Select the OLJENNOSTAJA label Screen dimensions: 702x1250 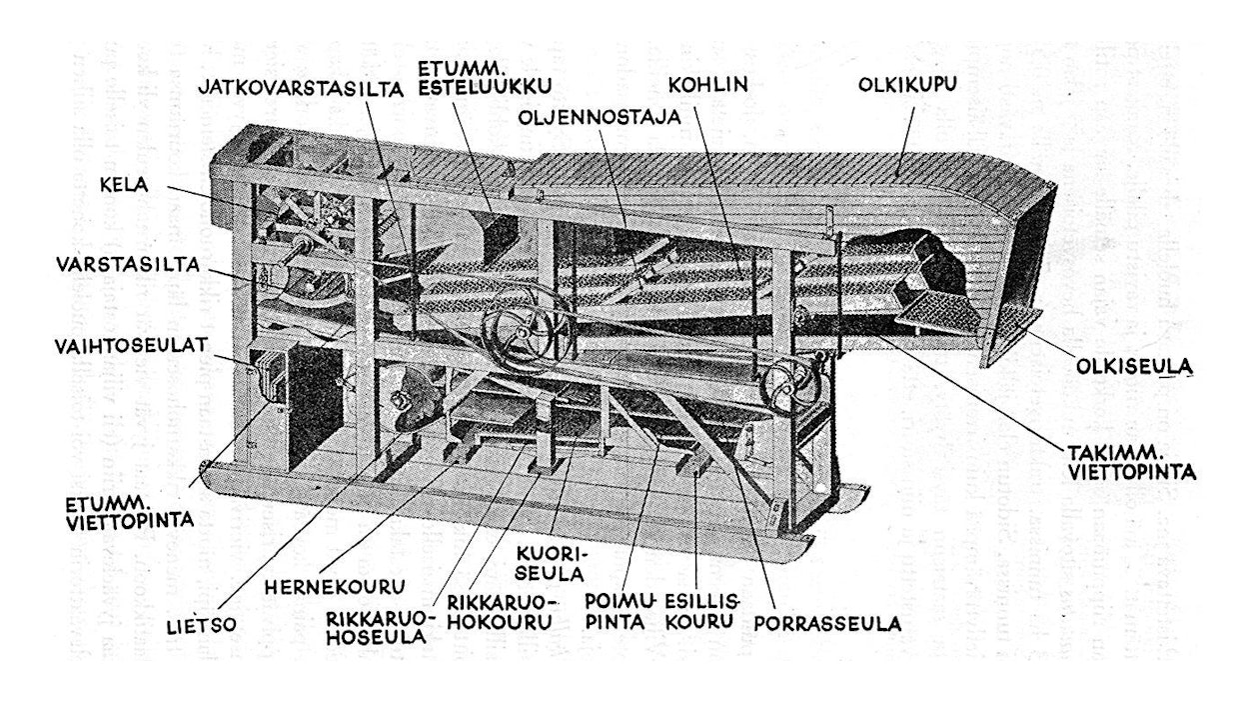pos(600,117)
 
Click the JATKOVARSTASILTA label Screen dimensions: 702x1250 pos(300,88)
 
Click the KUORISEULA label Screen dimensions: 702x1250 pos(547,563)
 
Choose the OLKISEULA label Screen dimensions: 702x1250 pos(1136,368)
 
